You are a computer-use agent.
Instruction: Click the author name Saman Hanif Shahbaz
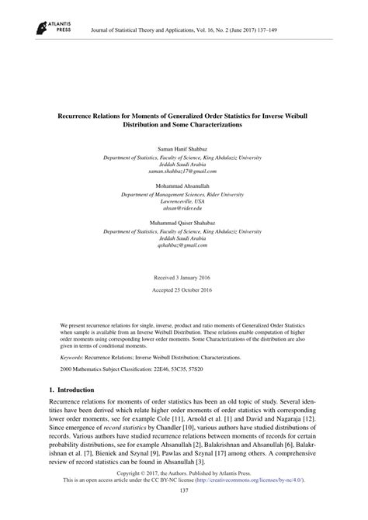click(184, 146)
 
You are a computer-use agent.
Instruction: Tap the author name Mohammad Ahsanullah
click(184, 186)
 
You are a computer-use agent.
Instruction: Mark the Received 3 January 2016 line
click(184, 277)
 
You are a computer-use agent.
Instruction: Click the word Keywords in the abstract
click(74, 356)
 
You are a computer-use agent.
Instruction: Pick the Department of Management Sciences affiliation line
click(184, 194)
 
